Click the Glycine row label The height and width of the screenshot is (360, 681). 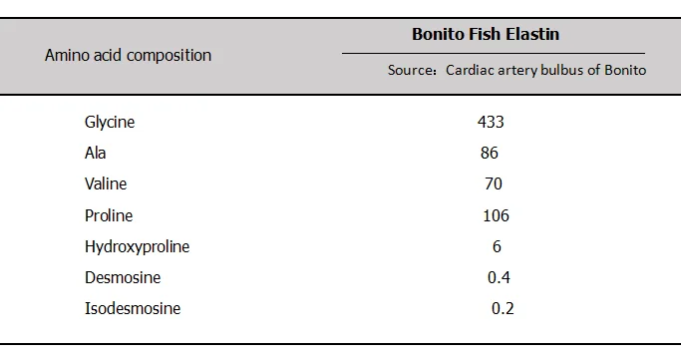[110, 122]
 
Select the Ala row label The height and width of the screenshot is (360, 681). [95, 153]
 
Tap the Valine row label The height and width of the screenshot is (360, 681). [106, 183]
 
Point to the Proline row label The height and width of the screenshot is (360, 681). [109, 215]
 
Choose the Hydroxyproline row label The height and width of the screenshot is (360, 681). [138, 246]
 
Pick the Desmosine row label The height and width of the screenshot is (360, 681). [123, 277]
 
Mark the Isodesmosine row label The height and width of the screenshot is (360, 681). [133, 308]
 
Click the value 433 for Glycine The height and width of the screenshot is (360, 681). [491, 122]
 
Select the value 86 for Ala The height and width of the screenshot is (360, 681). [490, 153]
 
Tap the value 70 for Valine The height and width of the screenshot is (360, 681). [494, 183]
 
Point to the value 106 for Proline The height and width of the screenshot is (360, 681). [496, 215]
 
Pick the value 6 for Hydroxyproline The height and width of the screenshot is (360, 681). [497, 246]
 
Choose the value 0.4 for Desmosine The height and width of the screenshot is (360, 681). [499, 277]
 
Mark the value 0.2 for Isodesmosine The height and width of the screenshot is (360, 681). [503, 308]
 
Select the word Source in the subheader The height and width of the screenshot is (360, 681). [410, 70]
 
